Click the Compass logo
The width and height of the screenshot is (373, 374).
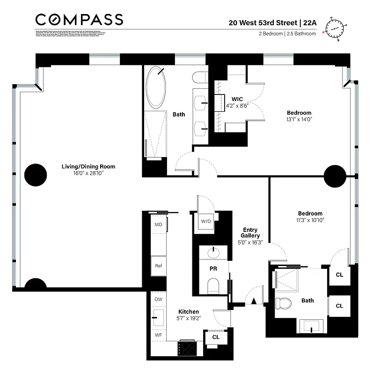(79, 20)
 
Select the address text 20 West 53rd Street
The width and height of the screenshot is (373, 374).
(262, 22)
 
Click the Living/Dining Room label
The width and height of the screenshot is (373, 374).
(88, 166)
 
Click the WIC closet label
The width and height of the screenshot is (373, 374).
(237, 99)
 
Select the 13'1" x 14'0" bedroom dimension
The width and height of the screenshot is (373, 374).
(299, 119)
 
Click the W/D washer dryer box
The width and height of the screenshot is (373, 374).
(206, 222)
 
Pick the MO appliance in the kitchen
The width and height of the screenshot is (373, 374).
(159, 224)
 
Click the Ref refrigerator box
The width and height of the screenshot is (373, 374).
(159, 266)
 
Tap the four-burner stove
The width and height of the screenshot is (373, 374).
(188, 348)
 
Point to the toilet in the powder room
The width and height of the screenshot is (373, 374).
(213, 285)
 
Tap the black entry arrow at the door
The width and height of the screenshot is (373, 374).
(254, 302)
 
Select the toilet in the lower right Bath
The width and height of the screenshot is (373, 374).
(283, 303)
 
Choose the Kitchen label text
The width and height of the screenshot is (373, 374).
(189, 312)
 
